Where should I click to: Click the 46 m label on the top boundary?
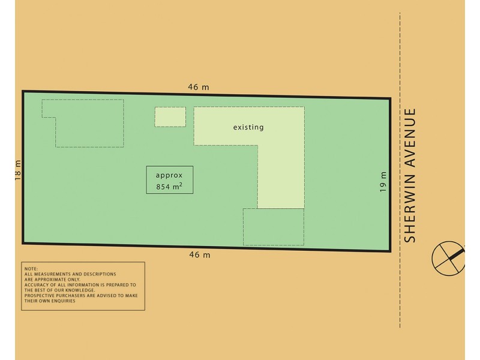pos(199,87)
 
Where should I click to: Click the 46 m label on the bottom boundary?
pos(199,255)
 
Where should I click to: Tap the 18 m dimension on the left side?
pos(17,170)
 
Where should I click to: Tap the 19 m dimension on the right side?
pos(383,182)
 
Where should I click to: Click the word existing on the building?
pos(248,127)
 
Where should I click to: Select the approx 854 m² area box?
pos(170,179)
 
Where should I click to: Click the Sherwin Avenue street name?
pos(410,175)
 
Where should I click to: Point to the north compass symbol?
pos(448,258)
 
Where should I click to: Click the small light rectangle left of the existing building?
pos(170,116)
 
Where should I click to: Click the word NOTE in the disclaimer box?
pos(31,269)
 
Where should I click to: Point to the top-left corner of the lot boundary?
pos(23,92)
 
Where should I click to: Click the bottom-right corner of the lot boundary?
pos(390,251)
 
